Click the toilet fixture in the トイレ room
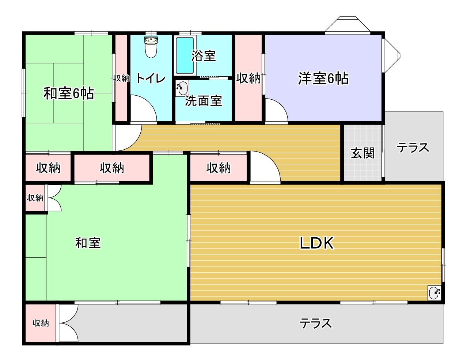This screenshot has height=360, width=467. [x=151, y=47]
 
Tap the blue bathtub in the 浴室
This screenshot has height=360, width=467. [x=185, y=55]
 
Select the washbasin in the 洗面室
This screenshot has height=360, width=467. [x=182, y=88]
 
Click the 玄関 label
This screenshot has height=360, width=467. [x=363, y=153]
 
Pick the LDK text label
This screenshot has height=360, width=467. [x=316, y=243]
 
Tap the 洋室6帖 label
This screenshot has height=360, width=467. [x=323, y=78]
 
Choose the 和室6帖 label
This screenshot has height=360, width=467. [x=69, y=93]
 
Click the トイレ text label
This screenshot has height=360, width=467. [x=151, y=78]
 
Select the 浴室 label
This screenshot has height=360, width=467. [x=204, y=55]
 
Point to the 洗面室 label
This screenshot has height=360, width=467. [x=204, y=100]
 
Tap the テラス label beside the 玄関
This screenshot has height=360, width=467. [x=413, y=148]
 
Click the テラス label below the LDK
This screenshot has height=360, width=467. [x=316, y=323]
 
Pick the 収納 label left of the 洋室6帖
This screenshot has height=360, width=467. [x=248, y=78]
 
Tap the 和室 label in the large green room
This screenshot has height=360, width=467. [x=88, y=243]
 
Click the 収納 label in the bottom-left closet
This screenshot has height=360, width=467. [x=41, y=323]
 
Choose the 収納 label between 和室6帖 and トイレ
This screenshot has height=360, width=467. [x=121, y=78]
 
